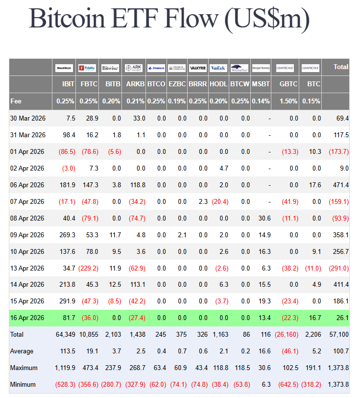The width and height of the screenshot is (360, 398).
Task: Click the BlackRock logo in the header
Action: tap(64, 68)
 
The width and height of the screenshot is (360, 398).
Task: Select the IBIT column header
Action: tap(68, 84)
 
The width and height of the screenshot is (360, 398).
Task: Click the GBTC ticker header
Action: tap(288, 84)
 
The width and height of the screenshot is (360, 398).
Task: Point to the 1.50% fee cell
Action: tap(288, 101)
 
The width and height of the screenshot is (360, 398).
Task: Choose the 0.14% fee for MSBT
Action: tap(261, 101)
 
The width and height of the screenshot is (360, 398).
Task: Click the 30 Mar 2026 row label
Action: tap(27, 119)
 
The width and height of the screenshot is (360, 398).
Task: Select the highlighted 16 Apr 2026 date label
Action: tap(27, 318)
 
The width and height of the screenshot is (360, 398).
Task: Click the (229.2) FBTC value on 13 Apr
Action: tap(89, 268)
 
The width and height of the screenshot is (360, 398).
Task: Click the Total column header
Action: tap(340, 67)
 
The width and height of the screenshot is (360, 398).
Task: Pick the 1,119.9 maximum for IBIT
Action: tap(63, 368)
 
